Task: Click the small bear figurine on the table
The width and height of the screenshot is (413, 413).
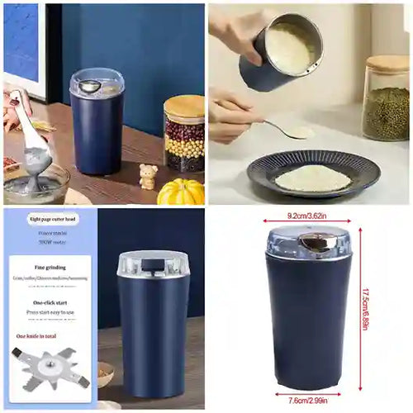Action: tap(149, 176)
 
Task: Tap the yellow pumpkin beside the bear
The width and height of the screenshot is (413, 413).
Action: tap(180, 191)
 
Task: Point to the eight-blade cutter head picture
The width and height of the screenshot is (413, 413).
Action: tap(50, 368)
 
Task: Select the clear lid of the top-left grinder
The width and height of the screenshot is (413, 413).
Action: tap(97, 81)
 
